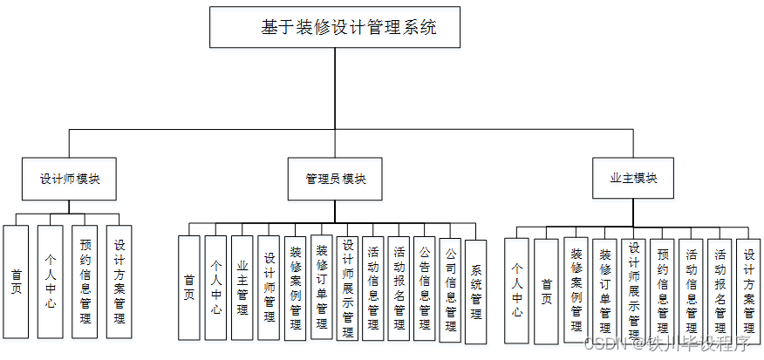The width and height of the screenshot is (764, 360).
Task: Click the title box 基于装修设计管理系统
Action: tap(335, 27)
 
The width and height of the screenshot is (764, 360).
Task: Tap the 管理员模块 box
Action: tap(336, 179)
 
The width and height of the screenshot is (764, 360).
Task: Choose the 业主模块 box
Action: tap(633, 178)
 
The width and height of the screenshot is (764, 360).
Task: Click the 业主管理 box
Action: tap(242, 288)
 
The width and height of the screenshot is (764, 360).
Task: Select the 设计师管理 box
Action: tap(269, 288)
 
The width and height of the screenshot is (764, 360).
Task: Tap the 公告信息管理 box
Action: tap(425, 288)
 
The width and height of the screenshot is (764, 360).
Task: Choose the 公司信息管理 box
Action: tap(450, 290)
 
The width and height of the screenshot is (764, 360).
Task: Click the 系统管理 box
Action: tap(475, 290)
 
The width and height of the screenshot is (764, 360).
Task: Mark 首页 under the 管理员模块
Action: tap(189, 288)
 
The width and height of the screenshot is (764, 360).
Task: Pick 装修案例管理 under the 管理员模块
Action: tap(296, 288)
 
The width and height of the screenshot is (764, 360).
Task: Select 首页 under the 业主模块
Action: tap(546, 286)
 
